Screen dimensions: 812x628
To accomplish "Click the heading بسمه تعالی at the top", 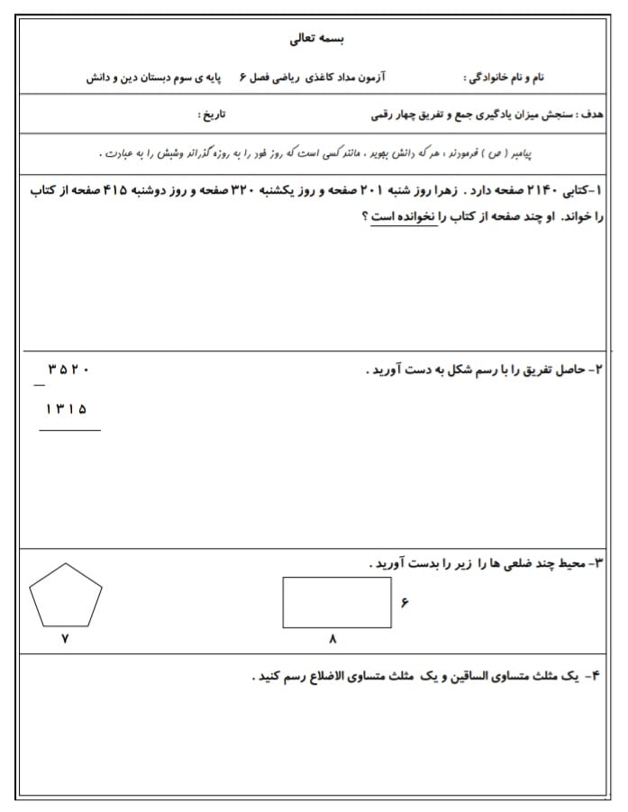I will tap(316, 40).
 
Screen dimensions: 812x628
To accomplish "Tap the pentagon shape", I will tap(66, 596).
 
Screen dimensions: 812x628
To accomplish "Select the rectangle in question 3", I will tap(336, 602).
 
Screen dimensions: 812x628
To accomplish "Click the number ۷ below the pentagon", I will tap(64, 638).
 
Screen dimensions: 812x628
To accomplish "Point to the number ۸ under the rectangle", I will tap(332, 639).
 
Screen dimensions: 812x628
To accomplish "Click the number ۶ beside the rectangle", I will tap(405, 602).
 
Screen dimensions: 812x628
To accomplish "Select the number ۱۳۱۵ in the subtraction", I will tap(67, 408).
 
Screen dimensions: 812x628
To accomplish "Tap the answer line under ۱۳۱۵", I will tap(69, 430).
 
